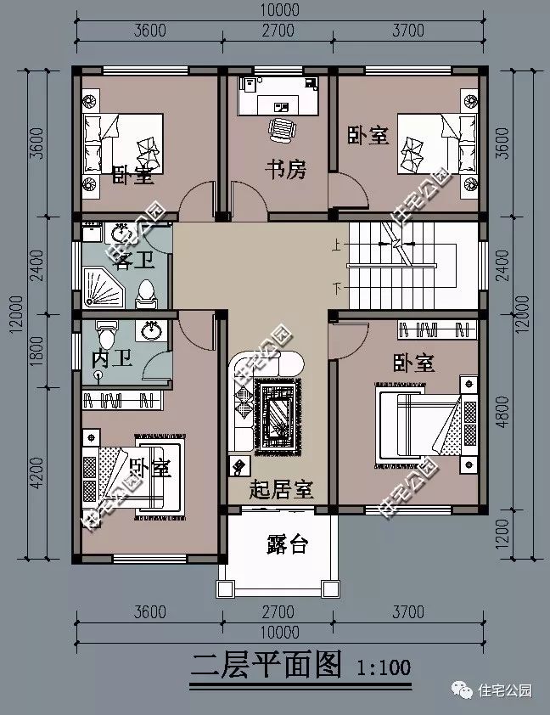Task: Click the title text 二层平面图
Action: tap(267, 663)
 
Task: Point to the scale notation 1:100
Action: tap(380, 667)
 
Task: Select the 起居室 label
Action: tap(282, 490)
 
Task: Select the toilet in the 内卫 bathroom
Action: tap(107, 329)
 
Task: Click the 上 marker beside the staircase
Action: tap(337, 244)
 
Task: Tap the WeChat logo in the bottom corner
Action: tap(466, 691)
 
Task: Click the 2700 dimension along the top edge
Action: tap(277, 31)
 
